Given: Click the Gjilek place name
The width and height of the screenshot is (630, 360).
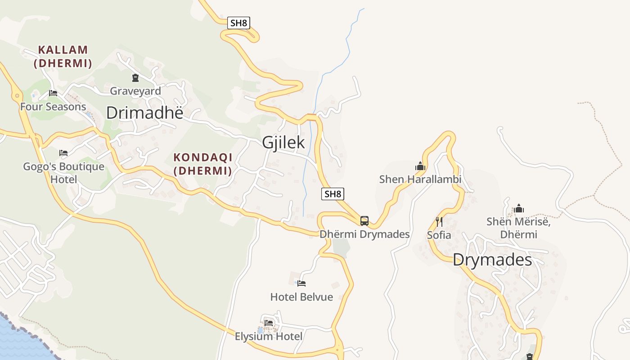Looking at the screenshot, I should [283, 143].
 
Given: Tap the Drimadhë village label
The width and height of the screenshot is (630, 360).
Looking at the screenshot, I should [144, 113].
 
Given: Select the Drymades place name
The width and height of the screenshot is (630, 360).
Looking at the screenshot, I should [492, 260].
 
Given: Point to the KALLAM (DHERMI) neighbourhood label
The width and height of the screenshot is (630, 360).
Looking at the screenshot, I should [63, 56].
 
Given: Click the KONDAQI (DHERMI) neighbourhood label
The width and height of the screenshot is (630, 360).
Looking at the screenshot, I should [203, 164].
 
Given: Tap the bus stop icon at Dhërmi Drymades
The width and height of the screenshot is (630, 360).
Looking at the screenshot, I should [364, 221].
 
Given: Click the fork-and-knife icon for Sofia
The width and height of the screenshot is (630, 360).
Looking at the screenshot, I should [439, 221].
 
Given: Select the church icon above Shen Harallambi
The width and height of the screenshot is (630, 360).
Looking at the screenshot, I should [420, 166].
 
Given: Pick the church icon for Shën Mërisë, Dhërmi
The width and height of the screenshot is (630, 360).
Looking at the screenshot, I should [519, 208].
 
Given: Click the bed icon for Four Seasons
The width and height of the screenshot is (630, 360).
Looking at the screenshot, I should [53, 93].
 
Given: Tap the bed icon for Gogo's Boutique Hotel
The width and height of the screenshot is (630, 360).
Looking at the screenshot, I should [63, 153].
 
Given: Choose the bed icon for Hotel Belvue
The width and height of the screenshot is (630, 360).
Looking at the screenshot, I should [301, 283].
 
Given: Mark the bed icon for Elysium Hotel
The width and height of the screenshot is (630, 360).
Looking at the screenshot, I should [269, 323].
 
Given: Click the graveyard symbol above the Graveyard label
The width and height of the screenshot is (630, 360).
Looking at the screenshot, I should [135, 78].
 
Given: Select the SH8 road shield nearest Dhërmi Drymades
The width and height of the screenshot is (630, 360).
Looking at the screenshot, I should [333, 194].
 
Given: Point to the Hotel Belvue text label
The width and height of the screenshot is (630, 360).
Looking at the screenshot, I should [301, 297].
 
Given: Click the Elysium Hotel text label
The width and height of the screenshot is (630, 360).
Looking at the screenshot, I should [269, 336].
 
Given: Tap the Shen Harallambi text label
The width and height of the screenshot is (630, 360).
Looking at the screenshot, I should [420, 180].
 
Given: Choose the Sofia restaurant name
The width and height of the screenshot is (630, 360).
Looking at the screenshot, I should [439, 235].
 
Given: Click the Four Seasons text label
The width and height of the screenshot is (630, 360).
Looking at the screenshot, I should [53, 107].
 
